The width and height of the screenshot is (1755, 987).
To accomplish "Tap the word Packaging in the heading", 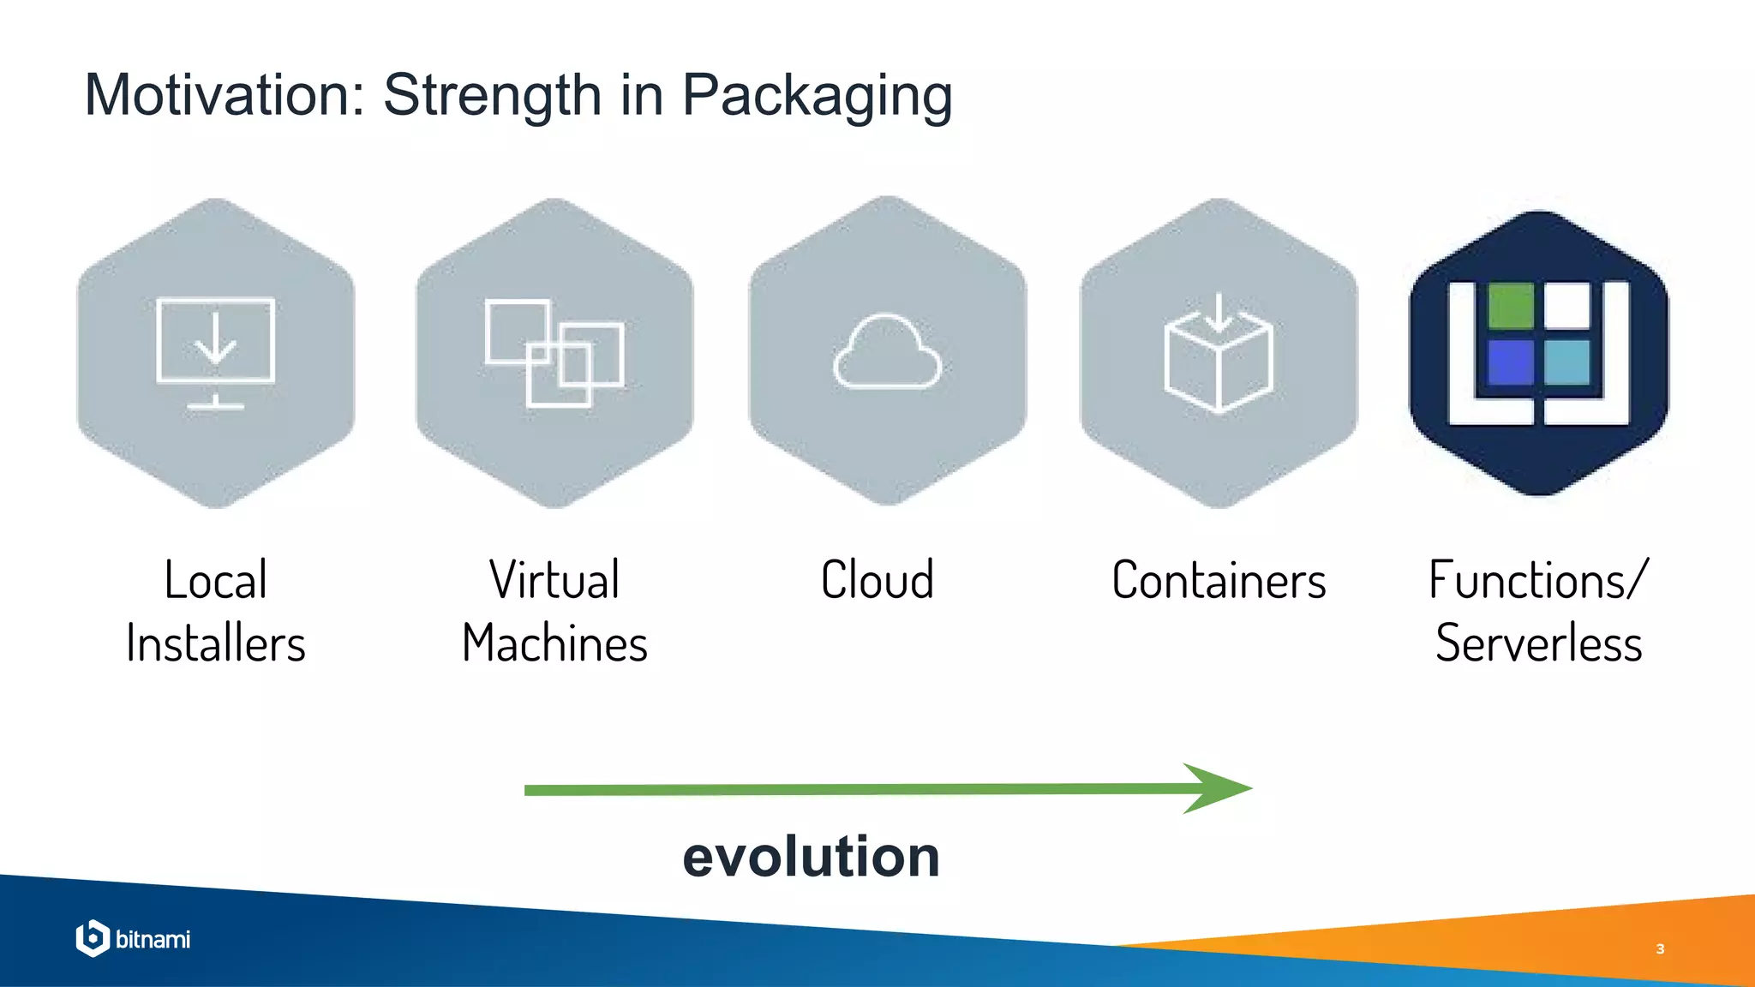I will click(817, 96).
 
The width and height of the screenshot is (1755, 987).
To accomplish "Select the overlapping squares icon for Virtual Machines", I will click(554, 352).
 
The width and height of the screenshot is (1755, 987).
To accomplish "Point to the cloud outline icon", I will click(887, 352).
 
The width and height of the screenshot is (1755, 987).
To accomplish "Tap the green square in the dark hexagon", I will click(1510, 306).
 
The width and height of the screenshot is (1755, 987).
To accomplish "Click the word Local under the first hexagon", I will click(216, 580).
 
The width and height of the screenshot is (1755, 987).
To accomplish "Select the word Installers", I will click(216, 643).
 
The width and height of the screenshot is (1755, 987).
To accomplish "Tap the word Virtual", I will click(554, 580).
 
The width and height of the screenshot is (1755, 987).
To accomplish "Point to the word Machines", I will click(554, 643).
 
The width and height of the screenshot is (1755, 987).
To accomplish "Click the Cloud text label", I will click(877, 580).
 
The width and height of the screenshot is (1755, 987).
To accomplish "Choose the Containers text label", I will click(1219, 580).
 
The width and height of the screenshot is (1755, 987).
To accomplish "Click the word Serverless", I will click(1539, 643).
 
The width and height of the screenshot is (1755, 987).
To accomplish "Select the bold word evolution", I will click(811, 856).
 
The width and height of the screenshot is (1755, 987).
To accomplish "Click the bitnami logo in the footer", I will click(134, 939).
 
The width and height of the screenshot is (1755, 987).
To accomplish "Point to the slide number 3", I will click(1660, 948).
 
